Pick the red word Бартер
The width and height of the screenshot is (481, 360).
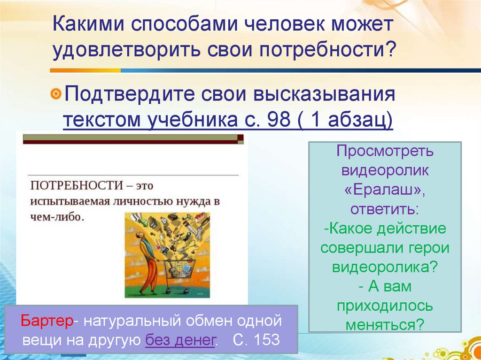click(47, 322)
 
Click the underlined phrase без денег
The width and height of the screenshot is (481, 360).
click(180, 339)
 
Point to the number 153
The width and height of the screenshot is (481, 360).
click(264, 339)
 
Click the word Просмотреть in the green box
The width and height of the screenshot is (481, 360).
click(385, 151)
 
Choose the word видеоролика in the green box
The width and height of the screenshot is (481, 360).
click(385, 267)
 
